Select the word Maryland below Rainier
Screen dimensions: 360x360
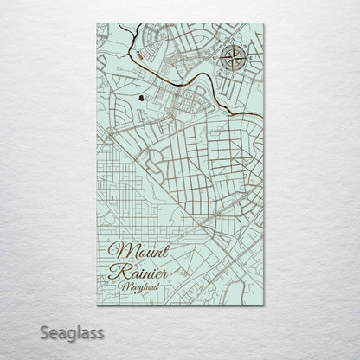[x=146, y=285]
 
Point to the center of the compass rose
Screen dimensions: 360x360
[x=234, y=59]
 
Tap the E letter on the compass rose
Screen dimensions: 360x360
[x=248, y=59]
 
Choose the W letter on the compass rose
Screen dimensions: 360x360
[x=219, y=59]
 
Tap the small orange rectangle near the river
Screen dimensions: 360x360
[x=140, y=54]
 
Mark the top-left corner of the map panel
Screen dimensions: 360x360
[x=97, y=24]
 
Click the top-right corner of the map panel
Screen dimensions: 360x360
[x=263, y=24]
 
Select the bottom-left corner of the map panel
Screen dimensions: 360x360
[x=97, y=305]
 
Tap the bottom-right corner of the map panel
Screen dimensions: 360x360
[x=263, y=305]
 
